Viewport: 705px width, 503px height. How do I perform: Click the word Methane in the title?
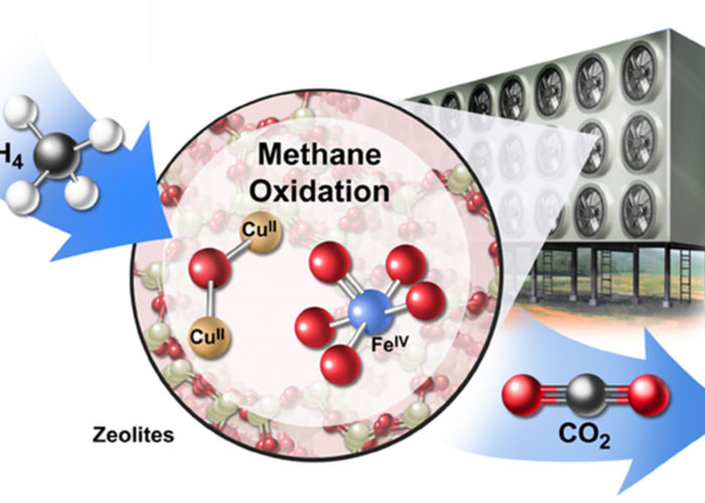319,155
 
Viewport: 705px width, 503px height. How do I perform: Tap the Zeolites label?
133,435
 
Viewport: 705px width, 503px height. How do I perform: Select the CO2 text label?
584,436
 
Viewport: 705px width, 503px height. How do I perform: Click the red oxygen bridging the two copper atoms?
210,268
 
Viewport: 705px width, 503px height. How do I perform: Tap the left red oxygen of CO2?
521,396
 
